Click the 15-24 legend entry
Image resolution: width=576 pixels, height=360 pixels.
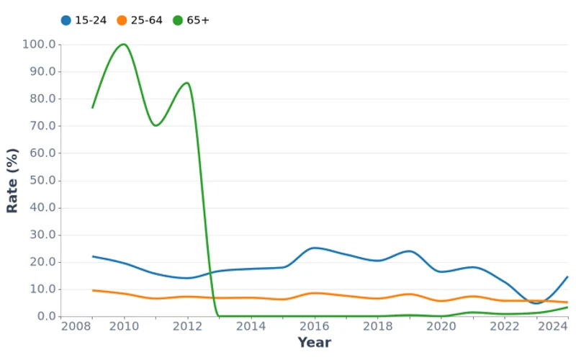pos(84,20)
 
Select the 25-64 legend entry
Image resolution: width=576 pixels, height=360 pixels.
pos(140,20)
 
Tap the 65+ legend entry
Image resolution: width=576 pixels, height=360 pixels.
pos(192,20)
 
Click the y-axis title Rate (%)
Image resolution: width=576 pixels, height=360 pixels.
pos(12,181)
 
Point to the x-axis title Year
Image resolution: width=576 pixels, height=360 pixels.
pos(314,343)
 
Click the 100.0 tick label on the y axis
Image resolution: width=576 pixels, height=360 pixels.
pos(39,45)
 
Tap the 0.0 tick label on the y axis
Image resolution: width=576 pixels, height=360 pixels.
pos(45,317)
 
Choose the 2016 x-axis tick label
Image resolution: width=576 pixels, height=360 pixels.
pos(314,327)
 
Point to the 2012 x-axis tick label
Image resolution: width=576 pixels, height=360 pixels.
pos(187,327)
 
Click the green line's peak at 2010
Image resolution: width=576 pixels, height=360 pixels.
pos(124,45)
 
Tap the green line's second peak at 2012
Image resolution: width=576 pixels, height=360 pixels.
pos(187,83)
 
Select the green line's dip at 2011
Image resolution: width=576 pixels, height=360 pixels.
pos(156,125)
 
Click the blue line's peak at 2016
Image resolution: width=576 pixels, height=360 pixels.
pos(314,248)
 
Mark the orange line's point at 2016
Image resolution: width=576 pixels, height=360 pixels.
pos(314,293)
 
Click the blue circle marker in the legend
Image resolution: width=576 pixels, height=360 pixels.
pos(66,20)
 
